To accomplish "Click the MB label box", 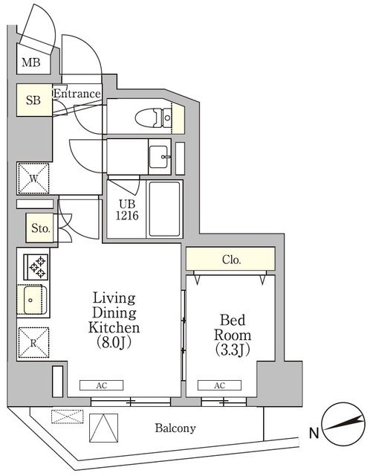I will coord(30,62).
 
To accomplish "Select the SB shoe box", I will coord(33,100).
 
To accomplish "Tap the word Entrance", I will coord(77,94).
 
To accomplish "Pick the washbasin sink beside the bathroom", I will coord(160,157).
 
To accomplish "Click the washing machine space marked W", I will coord(33,178).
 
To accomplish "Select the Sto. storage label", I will coord(39,229).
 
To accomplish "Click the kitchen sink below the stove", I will coord(34,300).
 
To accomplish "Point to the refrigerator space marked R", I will coord(33,343).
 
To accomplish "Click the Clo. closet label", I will coord(231,260).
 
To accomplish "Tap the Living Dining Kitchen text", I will coord(114,313).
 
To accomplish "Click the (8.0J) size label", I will coord(114,344).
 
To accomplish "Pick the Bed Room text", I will coord(230,328).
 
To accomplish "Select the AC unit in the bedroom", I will coord(220,386).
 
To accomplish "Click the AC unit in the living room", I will coord(102,386).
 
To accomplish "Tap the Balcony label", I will coord(175,428).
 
